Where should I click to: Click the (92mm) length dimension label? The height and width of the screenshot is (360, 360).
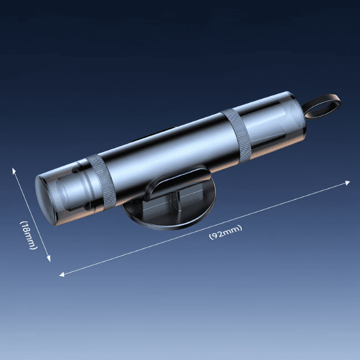coord(225,232)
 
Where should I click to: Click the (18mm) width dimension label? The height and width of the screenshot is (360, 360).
coord(28,235)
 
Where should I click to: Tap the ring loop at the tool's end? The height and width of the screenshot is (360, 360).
coord(321,106)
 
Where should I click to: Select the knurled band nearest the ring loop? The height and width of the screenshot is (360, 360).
coord(236,136)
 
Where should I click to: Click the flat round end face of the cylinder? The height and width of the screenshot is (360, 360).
coord(44,201)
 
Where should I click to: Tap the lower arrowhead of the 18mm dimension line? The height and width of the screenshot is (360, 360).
coord(49,259)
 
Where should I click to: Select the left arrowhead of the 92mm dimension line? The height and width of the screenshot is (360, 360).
coord(62,274)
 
